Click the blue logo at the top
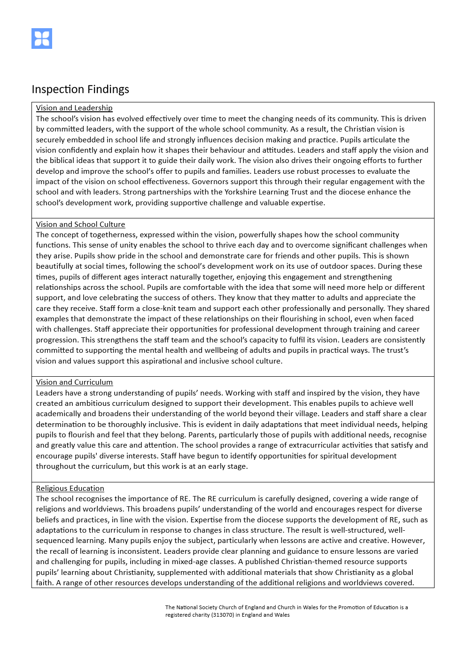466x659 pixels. click(42, 39)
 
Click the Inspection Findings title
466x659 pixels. click(80, 89)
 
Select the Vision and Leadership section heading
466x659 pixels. click(74, 108)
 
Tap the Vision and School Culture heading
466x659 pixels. click(80, 225)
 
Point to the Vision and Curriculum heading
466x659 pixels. click(74, 382)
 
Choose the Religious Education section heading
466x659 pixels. click(70, 488)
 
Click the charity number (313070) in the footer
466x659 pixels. click(223, 615)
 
